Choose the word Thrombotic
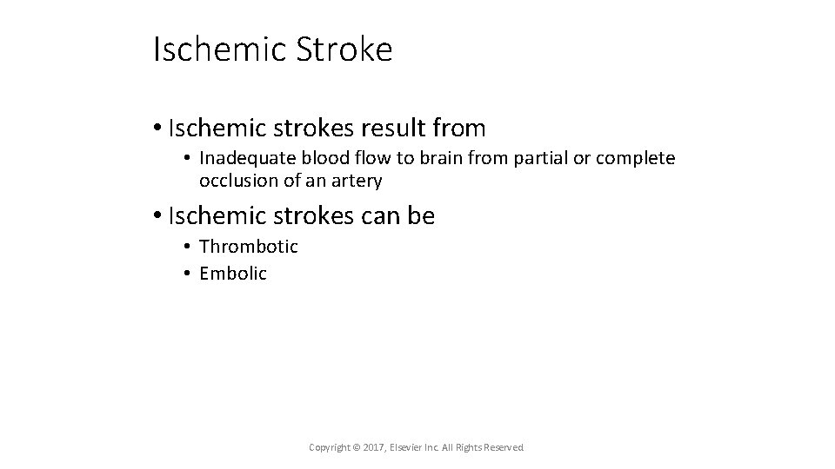(249, 247)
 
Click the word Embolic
(233, 274)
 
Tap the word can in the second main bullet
(376, 215)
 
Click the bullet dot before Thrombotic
(187, 247)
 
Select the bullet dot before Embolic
(187, 274)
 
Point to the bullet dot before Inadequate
(187, 158)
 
